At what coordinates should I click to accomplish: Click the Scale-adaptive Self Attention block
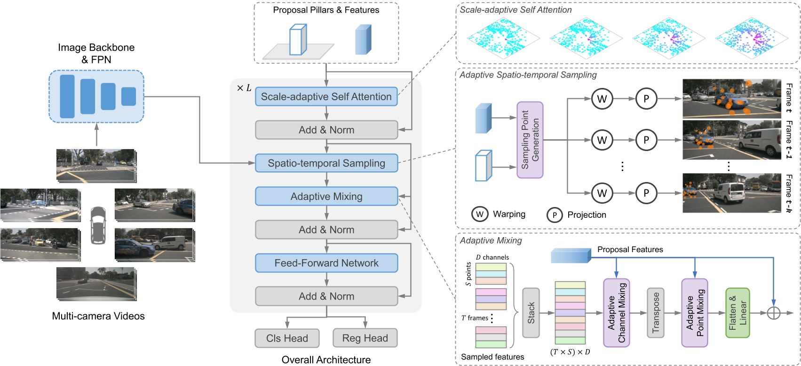(326, 96)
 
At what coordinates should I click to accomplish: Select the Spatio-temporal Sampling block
(326, 163)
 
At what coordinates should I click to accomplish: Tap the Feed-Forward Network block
(326, 263)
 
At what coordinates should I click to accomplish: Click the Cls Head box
(287, 338)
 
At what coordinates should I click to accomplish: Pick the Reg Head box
(365, 338)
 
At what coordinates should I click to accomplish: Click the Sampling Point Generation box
(530, 140)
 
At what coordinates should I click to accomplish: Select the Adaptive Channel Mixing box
(616, 313)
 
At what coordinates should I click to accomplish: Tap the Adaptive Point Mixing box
(694, 313)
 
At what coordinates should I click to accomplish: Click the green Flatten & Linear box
(737, 313)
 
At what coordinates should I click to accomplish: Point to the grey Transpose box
(656, 313)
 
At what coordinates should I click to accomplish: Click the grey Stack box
(531, 313)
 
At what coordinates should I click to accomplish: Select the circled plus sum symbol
(773, 313)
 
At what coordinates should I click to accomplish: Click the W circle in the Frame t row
(602, 99)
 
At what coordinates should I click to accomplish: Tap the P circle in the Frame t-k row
(646, 193)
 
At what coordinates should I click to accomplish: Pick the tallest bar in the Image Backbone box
(67, 96)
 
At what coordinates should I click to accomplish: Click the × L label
(244, 88)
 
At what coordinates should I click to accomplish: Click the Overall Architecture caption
(326, 360)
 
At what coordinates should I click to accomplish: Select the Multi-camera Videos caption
(98, 316)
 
